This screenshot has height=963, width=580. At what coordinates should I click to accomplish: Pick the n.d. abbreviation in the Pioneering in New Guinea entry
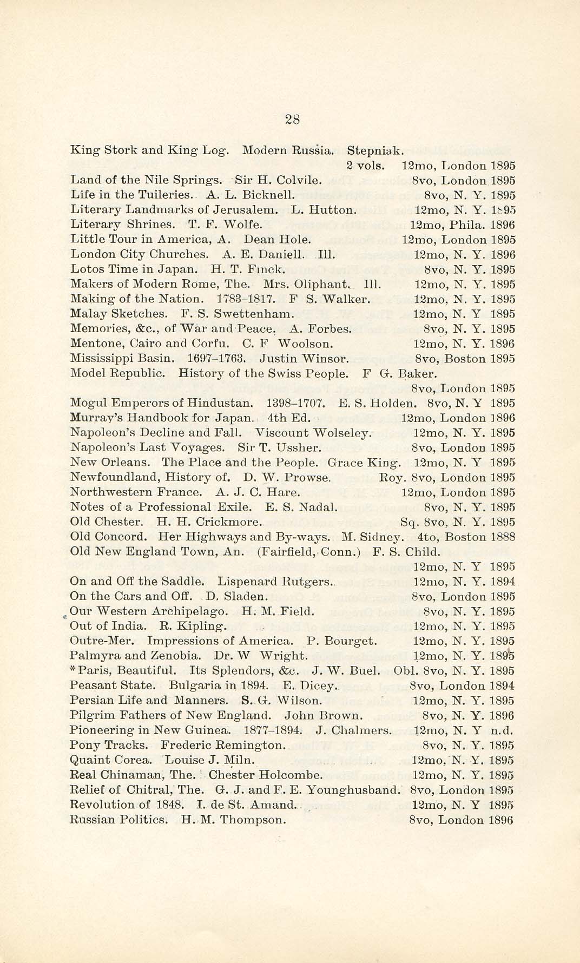tap(502, 730)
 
